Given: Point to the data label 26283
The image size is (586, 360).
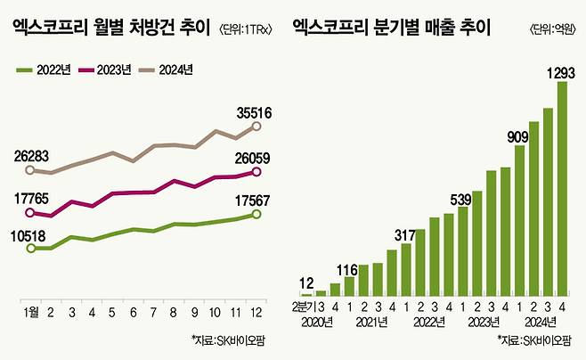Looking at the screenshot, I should tap(37, 155).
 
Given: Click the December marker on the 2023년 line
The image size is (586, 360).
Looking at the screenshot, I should tap(257, 172).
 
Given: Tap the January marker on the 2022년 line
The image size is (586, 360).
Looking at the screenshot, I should tap(30, 249).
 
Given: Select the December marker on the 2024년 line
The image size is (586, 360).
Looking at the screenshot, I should tap(257, 127).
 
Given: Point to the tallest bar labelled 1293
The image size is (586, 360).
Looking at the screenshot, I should tap(562, 187).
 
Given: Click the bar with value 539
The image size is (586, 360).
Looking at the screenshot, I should tap(462, 250).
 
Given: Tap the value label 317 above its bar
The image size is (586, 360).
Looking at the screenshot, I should tap(406, 234).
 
